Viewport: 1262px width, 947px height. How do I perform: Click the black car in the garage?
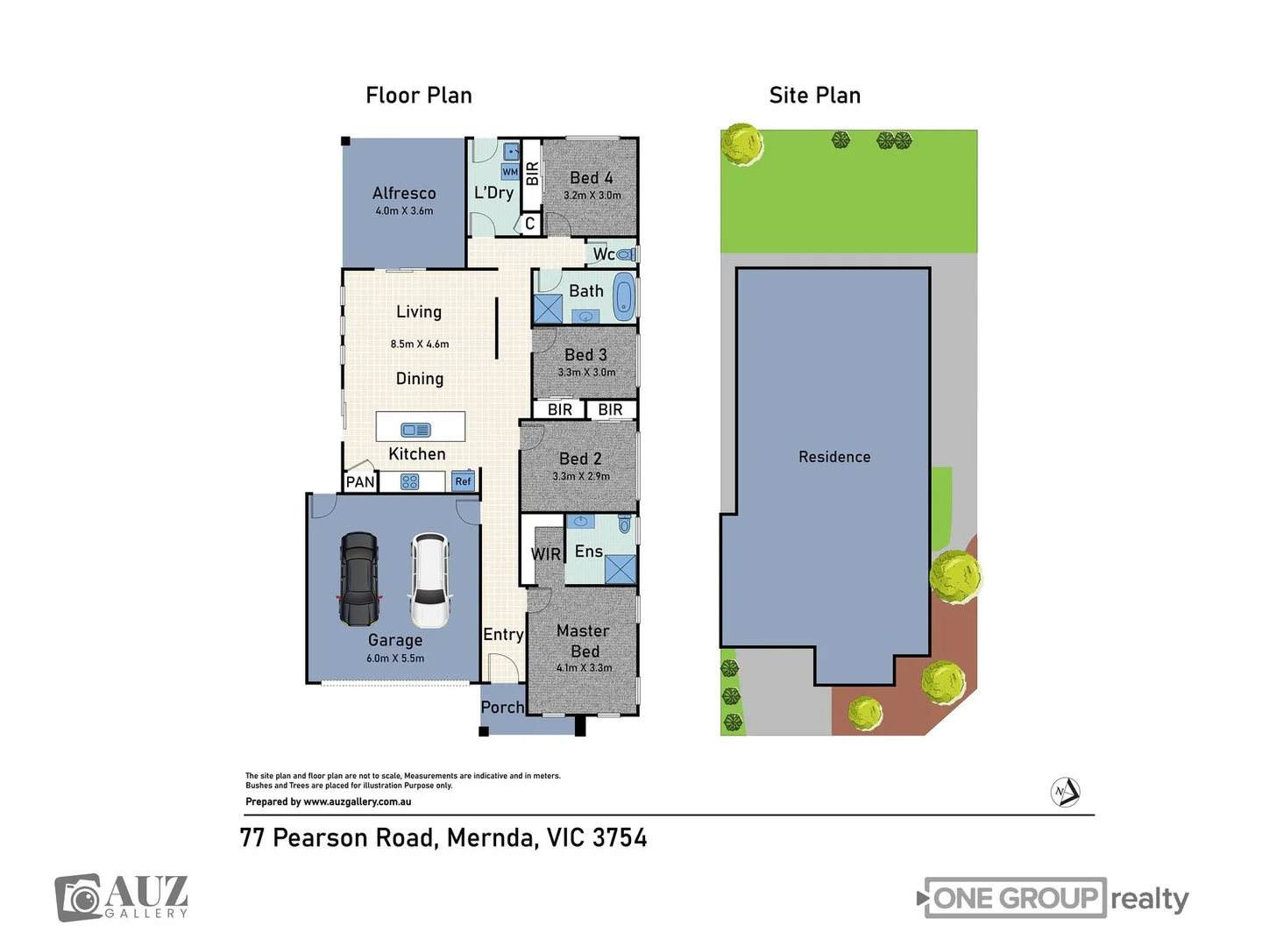359,579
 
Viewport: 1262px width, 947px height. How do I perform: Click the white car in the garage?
429,580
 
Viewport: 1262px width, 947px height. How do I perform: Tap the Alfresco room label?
404,193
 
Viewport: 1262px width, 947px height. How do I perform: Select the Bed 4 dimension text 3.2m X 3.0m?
592,196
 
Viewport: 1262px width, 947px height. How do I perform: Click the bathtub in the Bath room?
623,295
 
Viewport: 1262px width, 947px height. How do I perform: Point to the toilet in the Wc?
625,254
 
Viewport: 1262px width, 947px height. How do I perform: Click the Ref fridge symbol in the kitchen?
463,481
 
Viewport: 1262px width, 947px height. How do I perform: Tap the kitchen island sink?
415,430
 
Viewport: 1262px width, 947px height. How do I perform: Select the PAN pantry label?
360,481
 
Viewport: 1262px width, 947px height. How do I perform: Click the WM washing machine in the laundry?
510,172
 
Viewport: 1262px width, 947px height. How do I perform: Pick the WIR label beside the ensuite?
546,554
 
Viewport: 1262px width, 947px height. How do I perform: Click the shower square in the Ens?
620,569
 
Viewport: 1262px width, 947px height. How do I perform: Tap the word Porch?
502,707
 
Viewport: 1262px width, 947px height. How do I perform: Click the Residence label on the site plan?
834,457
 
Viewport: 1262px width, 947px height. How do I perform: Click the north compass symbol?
1065,792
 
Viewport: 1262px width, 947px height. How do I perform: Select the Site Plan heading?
814,96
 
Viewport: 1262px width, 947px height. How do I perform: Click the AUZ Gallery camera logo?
80,898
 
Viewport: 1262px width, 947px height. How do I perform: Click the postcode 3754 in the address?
620,838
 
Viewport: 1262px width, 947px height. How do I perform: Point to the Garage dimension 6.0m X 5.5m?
395,659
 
